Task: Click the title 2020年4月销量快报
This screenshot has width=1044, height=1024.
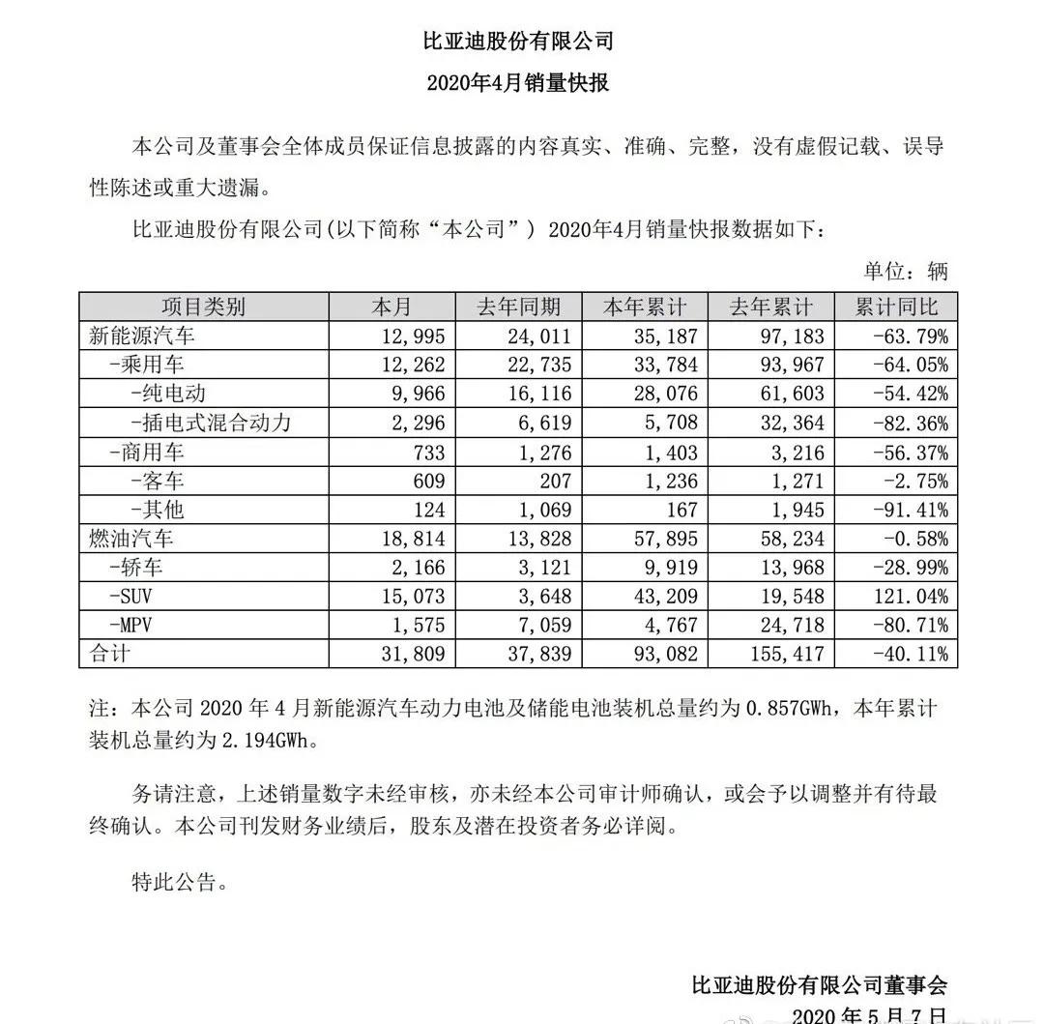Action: click(518, 83)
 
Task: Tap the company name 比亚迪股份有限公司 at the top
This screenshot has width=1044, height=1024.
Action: click(518, 42)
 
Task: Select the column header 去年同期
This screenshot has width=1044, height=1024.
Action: click(518, 307)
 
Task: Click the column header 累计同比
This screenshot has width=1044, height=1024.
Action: click(896, 307)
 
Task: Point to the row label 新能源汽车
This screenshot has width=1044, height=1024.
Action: click(142, 336)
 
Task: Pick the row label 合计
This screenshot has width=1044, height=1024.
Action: click(108, 653)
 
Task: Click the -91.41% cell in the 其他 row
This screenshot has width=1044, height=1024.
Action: click(909, 510)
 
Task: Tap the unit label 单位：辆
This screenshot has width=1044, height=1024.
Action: click(905, 271)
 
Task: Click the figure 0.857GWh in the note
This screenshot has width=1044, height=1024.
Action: click(790, 710)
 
